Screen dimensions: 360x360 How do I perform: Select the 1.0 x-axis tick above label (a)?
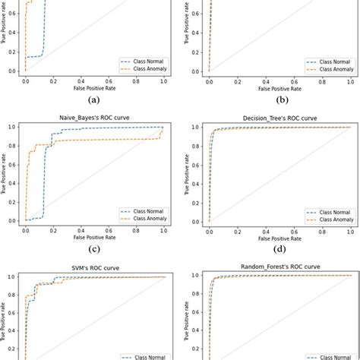click(x=163, y=80)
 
